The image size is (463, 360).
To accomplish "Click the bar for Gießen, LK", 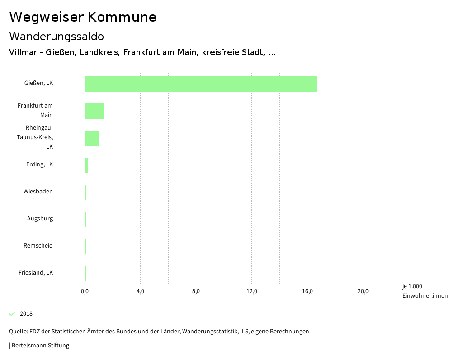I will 201,84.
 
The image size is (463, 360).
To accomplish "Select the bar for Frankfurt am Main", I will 94,111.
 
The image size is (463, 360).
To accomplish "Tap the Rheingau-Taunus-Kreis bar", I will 92,138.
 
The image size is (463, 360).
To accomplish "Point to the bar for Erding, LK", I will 86,165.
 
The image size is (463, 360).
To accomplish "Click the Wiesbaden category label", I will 38,192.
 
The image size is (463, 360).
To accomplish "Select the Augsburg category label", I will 40,219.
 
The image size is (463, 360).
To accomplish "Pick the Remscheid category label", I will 38,246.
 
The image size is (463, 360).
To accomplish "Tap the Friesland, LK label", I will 36,273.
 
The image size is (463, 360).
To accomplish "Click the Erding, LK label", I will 39,164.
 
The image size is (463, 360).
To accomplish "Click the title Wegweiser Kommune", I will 83,17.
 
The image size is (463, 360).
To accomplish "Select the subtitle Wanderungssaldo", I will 57,36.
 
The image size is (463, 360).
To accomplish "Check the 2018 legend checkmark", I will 12,314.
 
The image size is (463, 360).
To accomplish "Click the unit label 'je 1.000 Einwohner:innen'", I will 425,291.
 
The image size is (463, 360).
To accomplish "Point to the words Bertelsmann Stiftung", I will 40,346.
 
